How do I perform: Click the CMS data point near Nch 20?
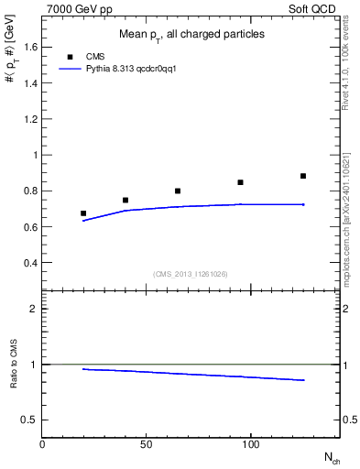[x=83, y=213]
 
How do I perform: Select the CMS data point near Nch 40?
[x=125, y=200]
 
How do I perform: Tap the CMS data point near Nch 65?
[x=178, y=191]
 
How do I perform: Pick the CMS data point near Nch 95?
[x=240, y=182]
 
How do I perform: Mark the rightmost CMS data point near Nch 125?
[x=303, y=176]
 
